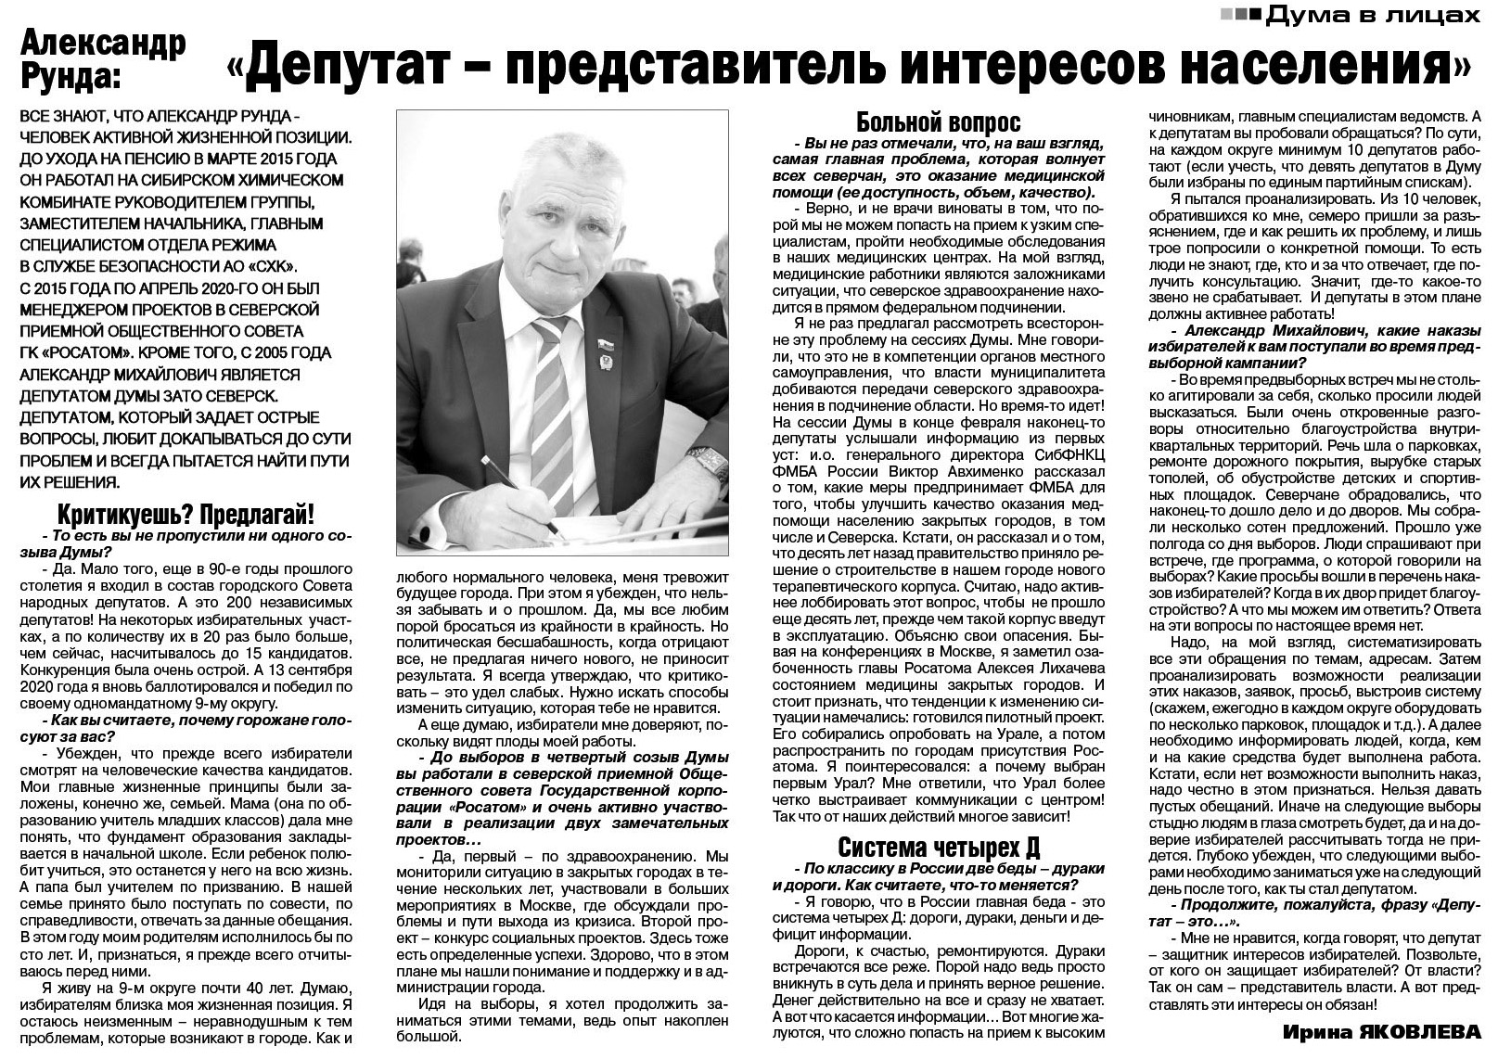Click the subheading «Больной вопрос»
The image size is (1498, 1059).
coord(938,123)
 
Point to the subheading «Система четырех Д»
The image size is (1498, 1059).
coord(939,848)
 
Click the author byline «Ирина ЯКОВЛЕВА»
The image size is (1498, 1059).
coord(1383,1032)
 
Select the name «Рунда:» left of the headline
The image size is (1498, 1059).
coord(70,76)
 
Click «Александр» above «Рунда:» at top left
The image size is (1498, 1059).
coord(103,41)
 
